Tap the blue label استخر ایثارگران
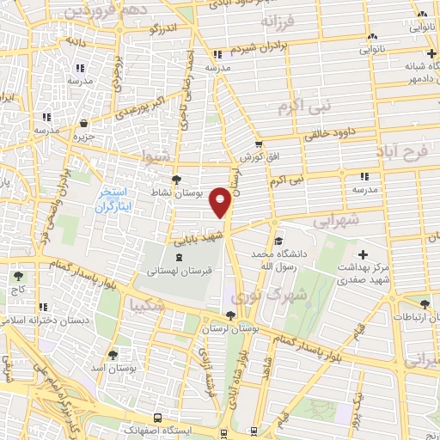click(x=111, y=200)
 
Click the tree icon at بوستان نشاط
click(x=176, y=180)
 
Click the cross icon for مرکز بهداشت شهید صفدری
click(x=364, y=254)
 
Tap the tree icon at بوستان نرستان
click(x=229, y=315)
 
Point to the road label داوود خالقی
click(x=335, y=132)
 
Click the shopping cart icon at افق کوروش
click(x=258, y=144)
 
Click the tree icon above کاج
click(x=18, y=277)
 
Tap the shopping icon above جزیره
click(x=83, y=123)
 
